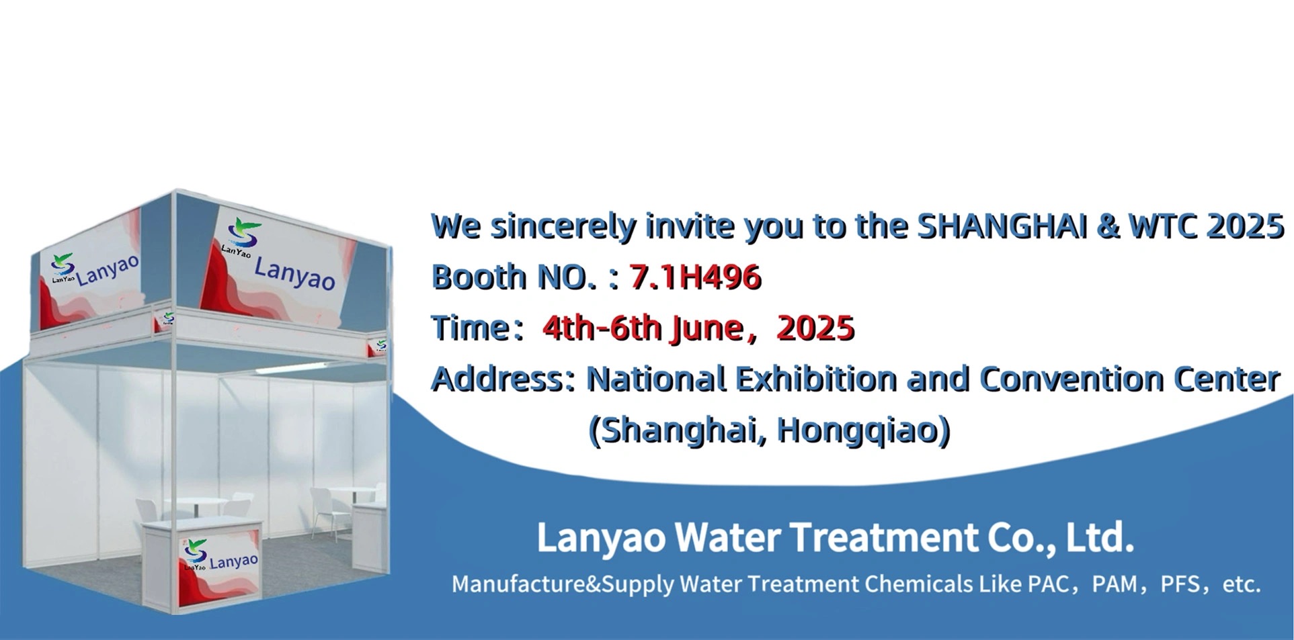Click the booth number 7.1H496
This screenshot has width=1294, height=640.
(x=695, y=277)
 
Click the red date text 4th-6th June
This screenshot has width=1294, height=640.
(x=642, y=328)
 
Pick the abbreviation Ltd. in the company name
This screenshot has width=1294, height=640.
(x=1100, y=537)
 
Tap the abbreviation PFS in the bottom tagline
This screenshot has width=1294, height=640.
(x=1180, y=584)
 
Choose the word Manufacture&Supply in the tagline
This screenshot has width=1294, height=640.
(x=563, y=584)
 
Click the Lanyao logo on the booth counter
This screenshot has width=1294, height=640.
(x=195, y=551)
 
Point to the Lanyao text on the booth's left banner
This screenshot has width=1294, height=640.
(x=108, y=270)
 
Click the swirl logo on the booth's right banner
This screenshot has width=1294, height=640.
(x=243, y=233)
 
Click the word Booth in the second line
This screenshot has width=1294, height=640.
(x=478, y=277)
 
